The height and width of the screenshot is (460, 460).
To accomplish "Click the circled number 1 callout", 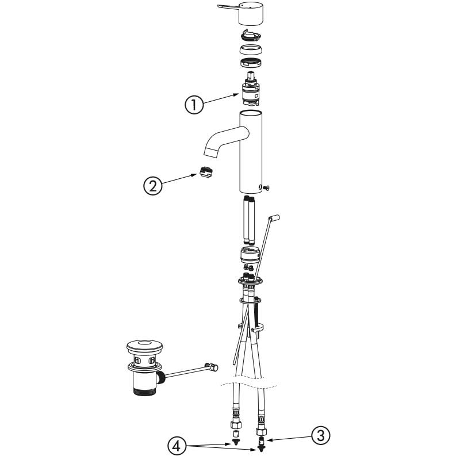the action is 194,105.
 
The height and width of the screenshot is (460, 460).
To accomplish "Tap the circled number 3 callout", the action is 321,436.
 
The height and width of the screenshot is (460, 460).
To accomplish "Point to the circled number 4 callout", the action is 177,446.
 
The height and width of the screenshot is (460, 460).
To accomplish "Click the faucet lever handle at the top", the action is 240,13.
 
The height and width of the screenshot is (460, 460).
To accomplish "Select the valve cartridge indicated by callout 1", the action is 250,89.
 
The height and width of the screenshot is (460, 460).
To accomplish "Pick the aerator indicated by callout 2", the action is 206,171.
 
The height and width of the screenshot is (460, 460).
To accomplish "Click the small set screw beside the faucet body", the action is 266,188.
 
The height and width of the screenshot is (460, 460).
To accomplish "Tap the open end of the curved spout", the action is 211,152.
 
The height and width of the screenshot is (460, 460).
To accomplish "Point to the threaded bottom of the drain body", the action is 144,392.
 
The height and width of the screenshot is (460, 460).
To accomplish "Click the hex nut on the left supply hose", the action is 236,424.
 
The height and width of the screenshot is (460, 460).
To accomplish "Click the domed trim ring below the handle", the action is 251,49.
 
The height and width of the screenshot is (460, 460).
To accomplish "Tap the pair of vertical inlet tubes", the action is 249,220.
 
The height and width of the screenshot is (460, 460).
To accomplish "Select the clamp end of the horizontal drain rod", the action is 212,367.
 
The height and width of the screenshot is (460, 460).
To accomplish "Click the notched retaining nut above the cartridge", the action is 251,63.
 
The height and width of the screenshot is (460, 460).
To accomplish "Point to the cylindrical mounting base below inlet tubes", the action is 250,254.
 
